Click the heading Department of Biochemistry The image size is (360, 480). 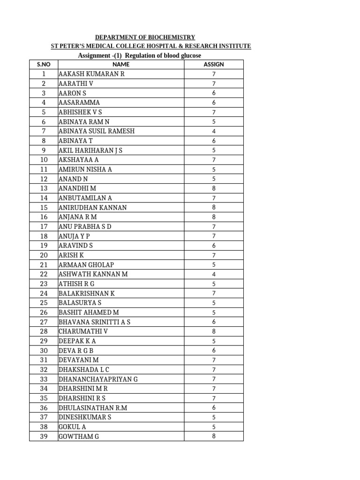145,37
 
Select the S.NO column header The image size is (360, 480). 44,64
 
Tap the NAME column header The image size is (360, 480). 120,64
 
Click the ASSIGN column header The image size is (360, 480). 214,64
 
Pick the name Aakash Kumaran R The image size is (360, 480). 92,74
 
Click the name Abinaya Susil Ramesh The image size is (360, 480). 97,131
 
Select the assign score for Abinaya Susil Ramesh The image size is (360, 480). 214,131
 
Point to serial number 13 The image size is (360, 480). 44,188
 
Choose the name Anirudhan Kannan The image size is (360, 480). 93,208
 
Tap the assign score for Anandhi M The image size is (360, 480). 214,188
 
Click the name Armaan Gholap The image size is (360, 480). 86,265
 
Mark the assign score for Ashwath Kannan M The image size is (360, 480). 214,274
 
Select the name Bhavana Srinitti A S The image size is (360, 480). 95,322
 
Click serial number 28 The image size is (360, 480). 44,331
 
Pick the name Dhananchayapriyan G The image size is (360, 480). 98,379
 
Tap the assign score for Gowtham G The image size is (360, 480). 214,436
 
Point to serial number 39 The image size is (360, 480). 44,436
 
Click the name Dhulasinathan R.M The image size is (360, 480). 93,408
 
